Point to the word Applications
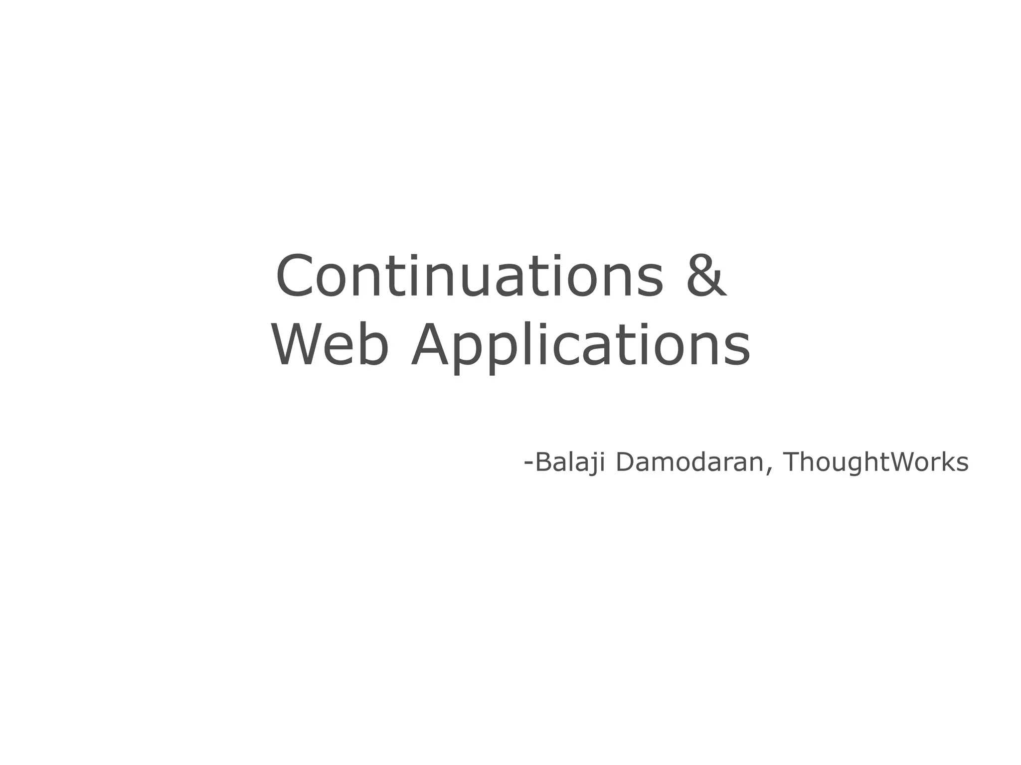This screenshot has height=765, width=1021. pos(580,345)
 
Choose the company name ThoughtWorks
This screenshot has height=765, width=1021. pos(875,462)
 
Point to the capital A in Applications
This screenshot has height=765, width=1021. pos(432,345)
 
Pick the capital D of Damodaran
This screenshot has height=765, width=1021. pos(626,462)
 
